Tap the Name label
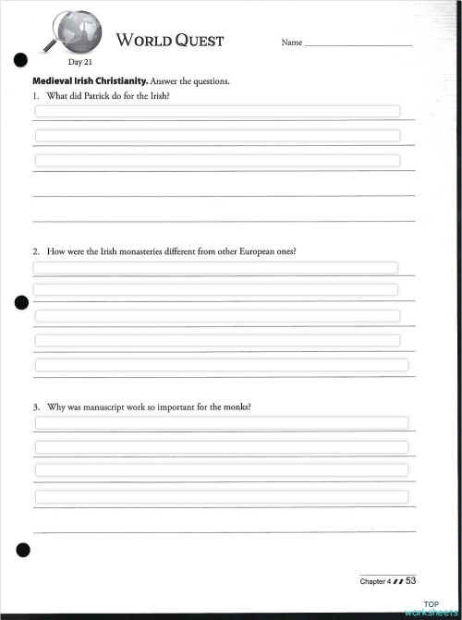tap(291, 43)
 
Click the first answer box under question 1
tap(217, 111)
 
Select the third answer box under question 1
tap(217, 160)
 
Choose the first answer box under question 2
tap(215, 268)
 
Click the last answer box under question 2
tap(222, 365)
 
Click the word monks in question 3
tap(236, 407)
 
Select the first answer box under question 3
tap(222, 423)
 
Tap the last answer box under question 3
tap(222, 497)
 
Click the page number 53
tap(411, 580)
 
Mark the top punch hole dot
tap(20, 61)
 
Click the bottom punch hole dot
tap(22, 551)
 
